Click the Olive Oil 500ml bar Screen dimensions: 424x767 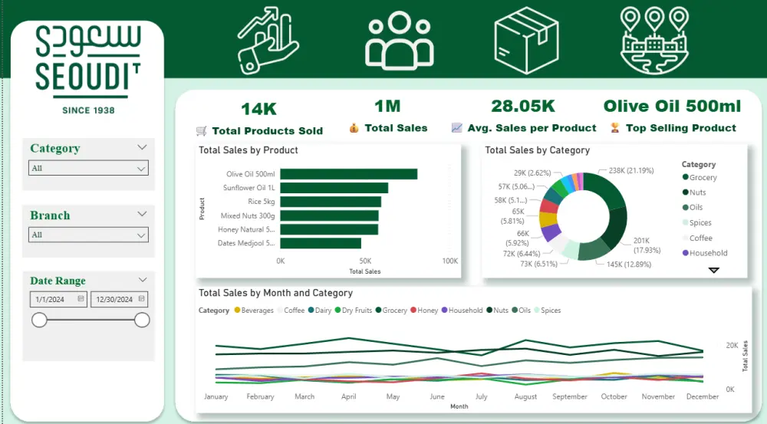pyautogui.click(x=348, y=174)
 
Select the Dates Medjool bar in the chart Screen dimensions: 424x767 pyautogui.click(x=320, y=243)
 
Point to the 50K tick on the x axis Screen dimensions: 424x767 pyautogui.click(x=365, y=261)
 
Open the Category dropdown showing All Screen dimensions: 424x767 pyautogui.click(x=88, y=168)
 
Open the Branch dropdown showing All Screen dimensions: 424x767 pyautogui.click(x=88, y=235)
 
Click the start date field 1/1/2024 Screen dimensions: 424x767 pyautogui.click(x=58, y=300)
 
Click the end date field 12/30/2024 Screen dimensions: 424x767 pyautogui.click(x=119, y=300)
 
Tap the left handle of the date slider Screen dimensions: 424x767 pyautogui.click(x=39, y=320)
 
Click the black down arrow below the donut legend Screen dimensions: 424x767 pyautogui.click(x=713, y=270)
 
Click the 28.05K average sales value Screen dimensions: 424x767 pyautogui.click(x=522, y=107)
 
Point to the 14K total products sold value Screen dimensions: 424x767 pyautogui.click(x=258, y=109)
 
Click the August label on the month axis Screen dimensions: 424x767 pyautogui.click(x=525, y=397)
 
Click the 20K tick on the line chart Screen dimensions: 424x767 pyautogui.click(x=731, y=346)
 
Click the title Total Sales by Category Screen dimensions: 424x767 pyautogui.click(x=537, y=150)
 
